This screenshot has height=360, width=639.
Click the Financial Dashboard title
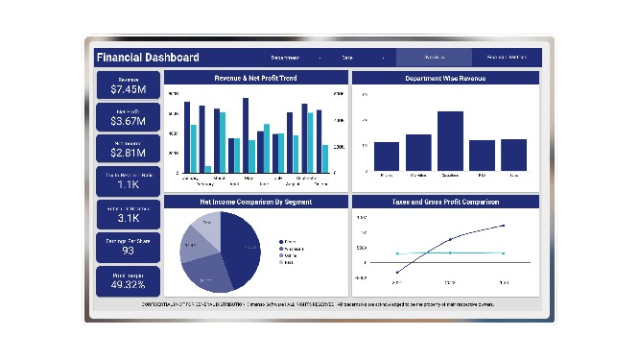coord(149,58)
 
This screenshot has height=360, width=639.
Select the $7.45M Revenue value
coord(128,89)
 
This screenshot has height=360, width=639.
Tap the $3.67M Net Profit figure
coord(128,121)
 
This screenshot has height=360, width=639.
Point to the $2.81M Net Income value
coord(128,152)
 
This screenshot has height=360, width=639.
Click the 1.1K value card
coord(128,184)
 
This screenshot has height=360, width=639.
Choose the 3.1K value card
coord(128,217)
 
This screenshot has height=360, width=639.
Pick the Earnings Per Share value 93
coord(128,251)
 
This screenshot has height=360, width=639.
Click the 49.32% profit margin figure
coord(128,284)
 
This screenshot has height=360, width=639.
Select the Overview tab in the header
coord(434,58)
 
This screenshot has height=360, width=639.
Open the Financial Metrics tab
coord(507,58)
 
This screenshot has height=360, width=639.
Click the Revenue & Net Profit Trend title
coord(255,78)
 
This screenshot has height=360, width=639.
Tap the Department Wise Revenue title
coord(445,78)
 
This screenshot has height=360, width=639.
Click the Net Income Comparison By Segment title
coord(255,203)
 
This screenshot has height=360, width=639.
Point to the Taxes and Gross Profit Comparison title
coord(445,203)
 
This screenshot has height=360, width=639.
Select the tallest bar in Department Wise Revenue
coord(450,140)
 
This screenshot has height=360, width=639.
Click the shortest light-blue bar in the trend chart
coord(207,169)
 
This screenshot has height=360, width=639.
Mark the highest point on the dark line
coord(504,227)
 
